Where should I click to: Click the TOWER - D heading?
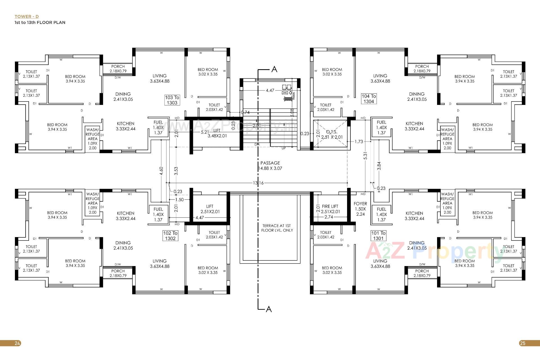pyautogui.click(x=27, y=17)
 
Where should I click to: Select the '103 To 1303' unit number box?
pyautogui.click(x=172, y=100)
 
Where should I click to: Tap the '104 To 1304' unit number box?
pyautogui.click(x=368, y=99)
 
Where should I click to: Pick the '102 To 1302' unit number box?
pyautogui.click(x=170, y=236)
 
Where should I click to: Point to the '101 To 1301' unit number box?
pyautogui.click(x=378, y=236)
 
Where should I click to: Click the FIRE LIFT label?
pyautogui.click(x=330, y=206)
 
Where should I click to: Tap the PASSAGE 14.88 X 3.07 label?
pyautogui.click(x=270, y=166)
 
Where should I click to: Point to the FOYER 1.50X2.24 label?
pyautogui.click(x=360, y=209)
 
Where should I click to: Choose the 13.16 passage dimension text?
pyautogui.click(x=258, y=183)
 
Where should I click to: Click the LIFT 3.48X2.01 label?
pyautogui.click(x=217, y=133)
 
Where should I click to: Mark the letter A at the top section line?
pyautogui.click(x=274, y=69)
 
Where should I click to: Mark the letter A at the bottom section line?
pyautogui.click(x=269, y=309)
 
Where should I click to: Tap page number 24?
pyautogui.click(x=17, y=343)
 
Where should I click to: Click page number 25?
pyautogui.click(x=523, y=343)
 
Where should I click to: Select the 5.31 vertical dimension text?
pyautogui.click(x=365, y=156)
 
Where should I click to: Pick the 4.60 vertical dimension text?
pyautogui.click(x=161, y=171)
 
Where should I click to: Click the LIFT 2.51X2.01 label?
pyautogui.click(x=210, y=209)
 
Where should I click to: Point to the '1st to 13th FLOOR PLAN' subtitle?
pyautogui.click(x=40, y=22)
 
